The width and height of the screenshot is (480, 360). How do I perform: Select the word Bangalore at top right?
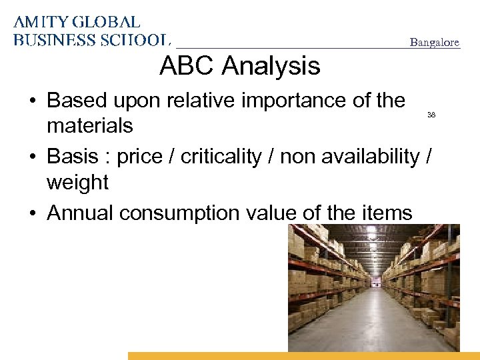(434, 43)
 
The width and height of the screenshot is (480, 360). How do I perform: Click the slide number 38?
(431, 115)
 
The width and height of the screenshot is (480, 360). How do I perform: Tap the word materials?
(89, 125)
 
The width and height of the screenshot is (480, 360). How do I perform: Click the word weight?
(77, 181)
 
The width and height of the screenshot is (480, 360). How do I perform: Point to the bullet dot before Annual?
(32, 213)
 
